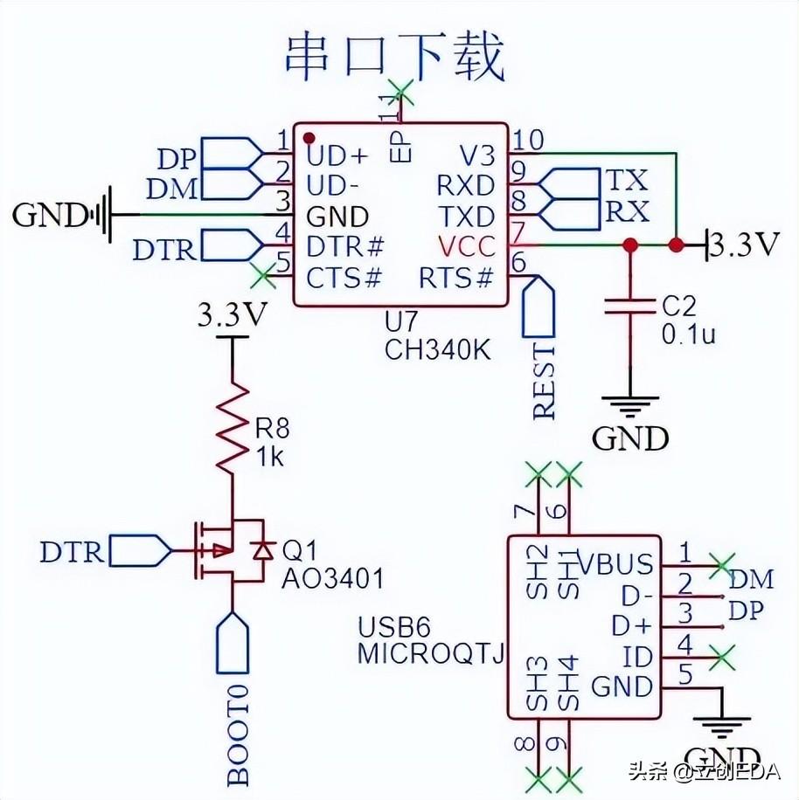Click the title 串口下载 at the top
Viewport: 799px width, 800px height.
tap(395, 57)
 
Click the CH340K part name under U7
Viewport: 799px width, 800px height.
tap(437, 349)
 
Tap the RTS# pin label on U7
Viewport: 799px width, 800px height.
tap(456, 279)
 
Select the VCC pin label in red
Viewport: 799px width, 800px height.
tap(466, 247)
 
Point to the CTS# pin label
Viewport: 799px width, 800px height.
tap(344, 279)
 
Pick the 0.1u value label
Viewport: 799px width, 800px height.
tap(688, 334)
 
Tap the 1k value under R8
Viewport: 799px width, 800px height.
tap(271, 455)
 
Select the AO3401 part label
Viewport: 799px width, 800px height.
tap(332, 578)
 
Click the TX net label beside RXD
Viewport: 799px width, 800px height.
tap(627, 181)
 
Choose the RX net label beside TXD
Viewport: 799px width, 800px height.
tap(627, 211)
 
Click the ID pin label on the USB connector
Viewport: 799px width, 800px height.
tap(638, 655)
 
